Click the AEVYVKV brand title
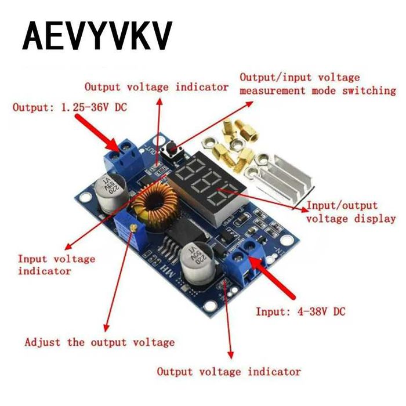point(97,36)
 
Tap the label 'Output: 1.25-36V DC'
point(70,107)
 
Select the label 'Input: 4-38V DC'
point(300,311)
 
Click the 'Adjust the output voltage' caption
point(100,342)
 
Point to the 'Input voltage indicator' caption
point(56,265)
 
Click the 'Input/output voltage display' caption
point(351,212)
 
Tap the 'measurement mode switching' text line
point(318,91)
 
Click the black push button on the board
point(172,150)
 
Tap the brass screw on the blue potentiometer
point(133,227)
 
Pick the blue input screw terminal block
point(246,261)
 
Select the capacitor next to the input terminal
point(198,263)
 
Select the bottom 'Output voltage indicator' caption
point(229,372)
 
